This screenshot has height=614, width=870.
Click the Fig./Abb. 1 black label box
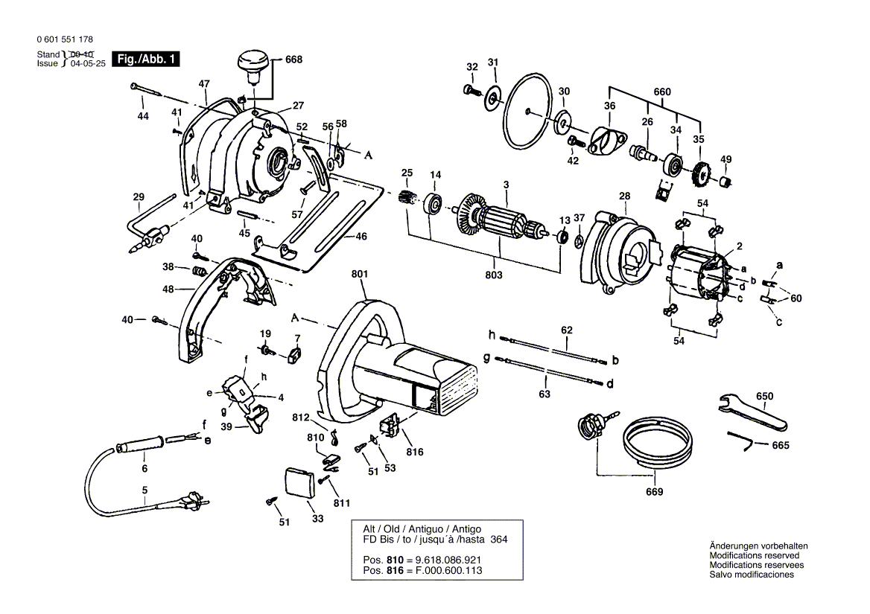point(145,59)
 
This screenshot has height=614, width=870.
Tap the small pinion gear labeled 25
point(407,199)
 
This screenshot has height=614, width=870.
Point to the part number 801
point(360,274)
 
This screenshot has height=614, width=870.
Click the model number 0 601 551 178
point(64,39)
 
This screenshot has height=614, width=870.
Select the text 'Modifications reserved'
point(754,556)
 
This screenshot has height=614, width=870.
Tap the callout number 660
point(662,92)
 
